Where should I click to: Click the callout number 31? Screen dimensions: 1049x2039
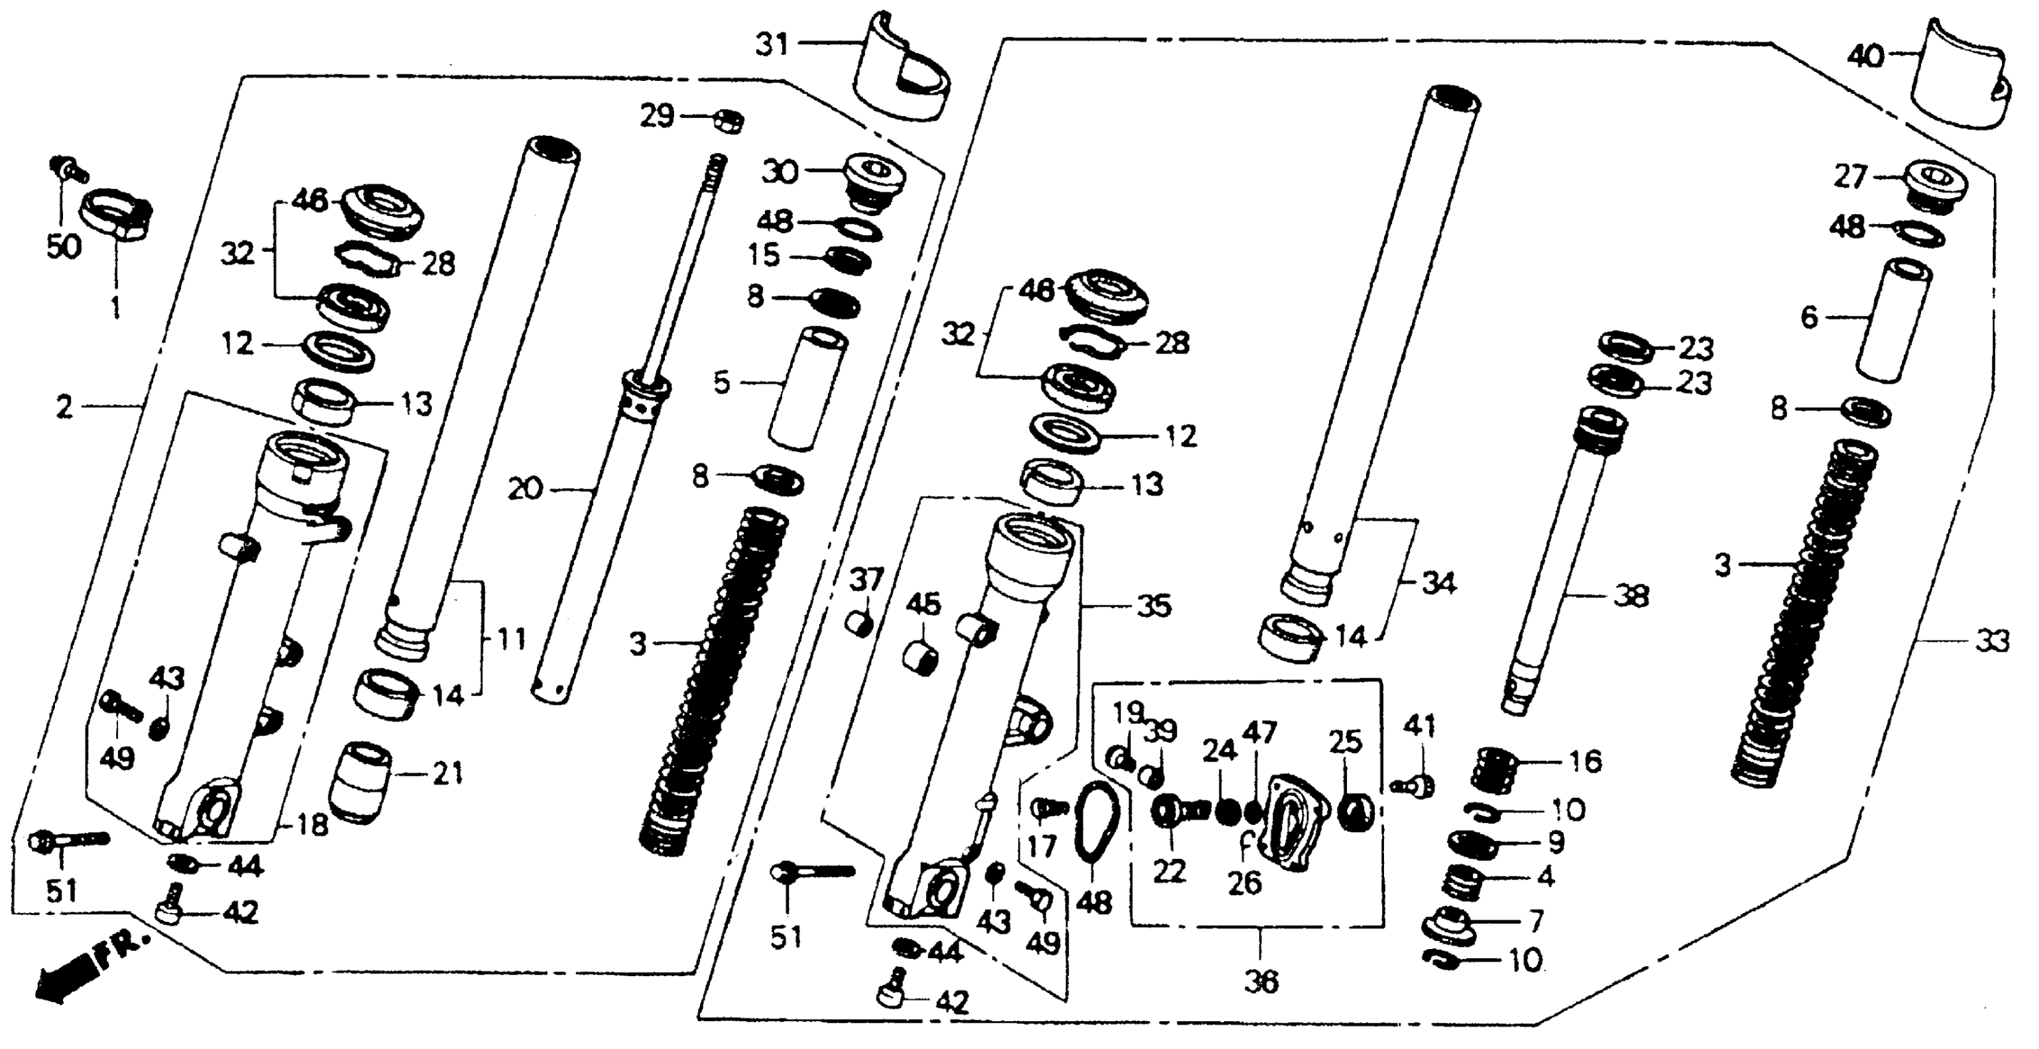772,44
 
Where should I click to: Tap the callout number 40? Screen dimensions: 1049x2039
1866,56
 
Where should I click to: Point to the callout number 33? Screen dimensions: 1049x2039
1991,641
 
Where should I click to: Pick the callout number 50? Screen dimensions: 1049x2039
64,247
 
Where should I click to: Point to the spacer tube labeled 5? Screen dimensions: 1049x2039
807,388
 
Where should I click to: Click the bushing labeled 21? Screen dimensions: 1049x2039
359,782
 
